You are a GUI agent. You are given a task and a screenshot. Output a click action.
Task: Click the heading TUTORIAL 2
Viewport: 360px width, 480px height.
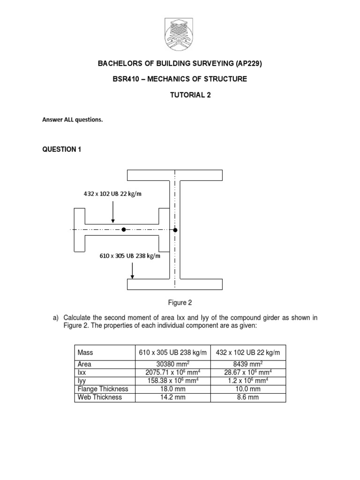(x=190, y=95)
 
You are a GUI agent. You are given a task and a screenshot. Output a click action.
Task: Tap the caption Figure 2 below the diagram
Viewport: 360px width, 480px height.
(x=180, y=302)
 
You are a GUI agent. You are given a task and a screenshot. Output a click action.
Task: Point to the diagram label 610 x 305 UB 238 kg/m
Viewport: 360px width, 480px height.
(x=129, y=255)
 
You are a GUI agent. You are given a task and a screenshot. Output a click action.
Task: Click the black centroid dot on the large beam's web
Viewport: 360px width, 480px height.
(x=175, y=230)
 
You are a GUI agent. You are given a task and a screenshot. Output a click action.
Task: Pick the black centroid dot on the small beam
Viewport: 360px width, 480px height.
(x=123, y=230)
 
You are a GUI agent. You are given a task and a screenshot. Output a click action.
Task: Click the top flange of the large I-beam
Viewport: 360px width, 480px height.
(x=175, y=175)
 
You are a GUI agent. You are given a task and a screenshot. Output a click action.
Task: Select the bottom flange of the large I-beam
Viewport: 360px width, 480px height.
(x=175, y=285)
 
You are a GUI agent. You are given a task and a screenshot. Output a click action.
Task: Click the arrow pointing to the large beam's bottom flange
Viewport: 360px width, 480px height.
(x=133, y=270)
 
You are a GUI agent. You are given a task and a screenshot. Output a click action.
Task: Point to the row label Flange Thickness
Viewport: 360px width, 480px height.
(x=103, y=389)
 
